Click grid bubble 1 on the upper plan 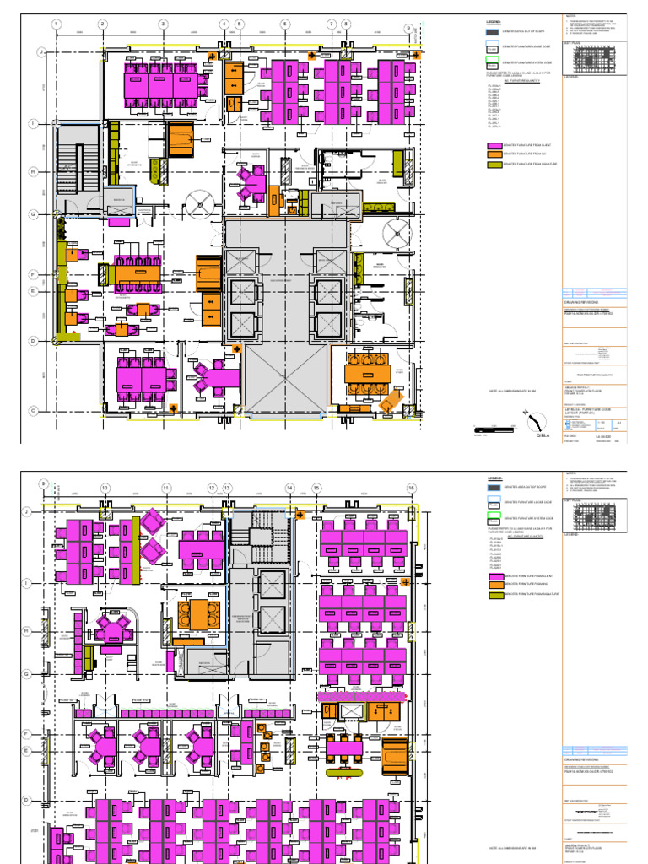point(56,24)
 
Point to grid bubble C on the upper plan point(34,411)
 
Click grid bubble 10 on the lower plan point(105,488)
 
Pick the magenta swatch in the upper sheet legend point(493,146)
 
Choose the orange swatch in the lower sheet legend point(493,584)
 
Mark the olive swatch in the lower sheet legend point(493,595)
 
